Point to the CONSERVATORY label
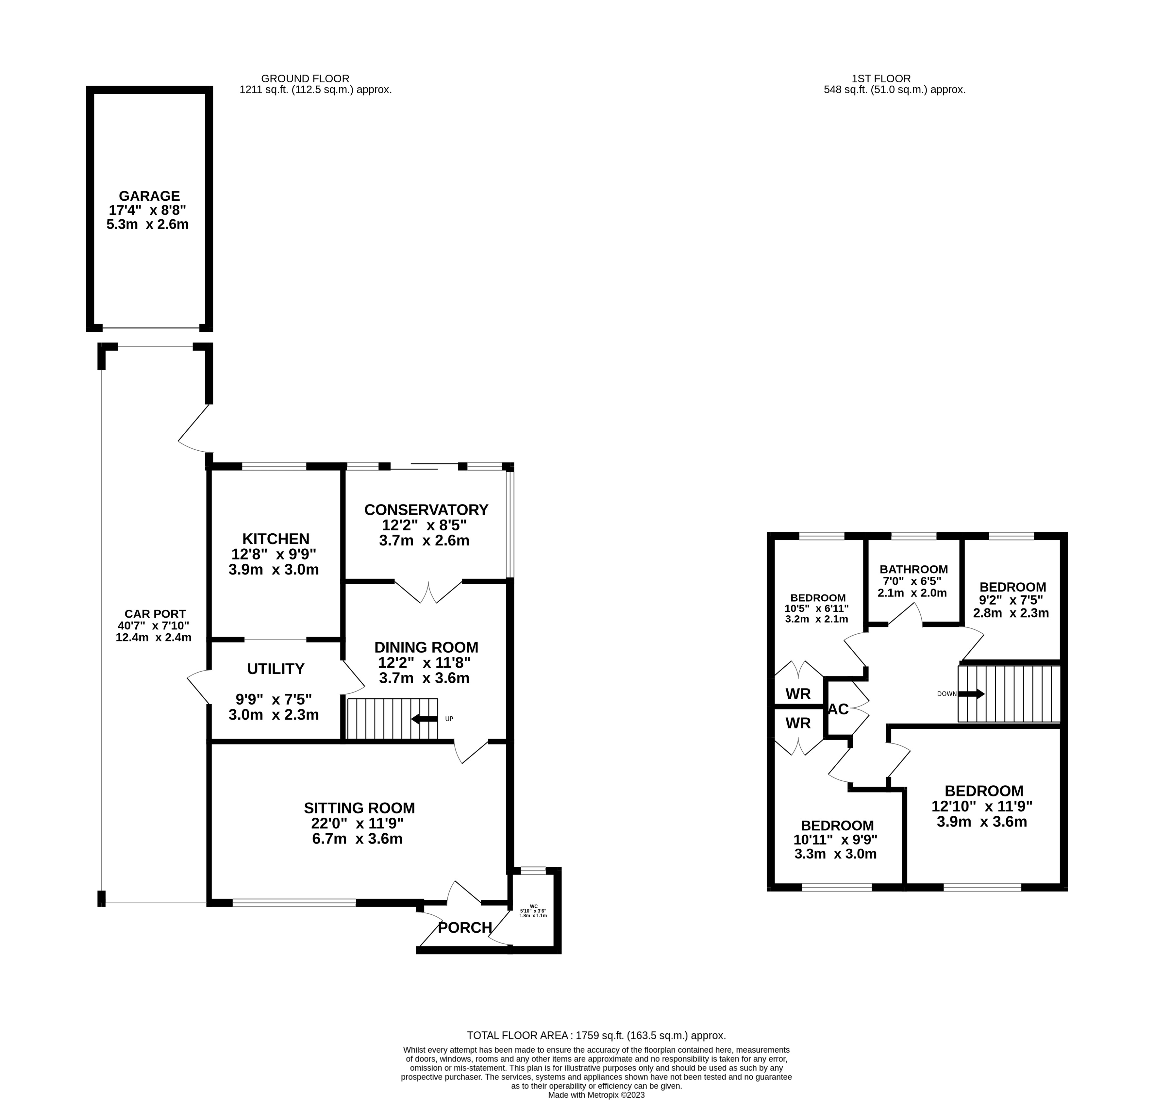426,509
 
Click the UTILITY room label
276,669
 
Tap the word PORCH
465,927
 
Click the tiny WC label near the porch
533,905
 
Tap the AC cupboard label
838,709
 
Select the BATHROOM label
913,569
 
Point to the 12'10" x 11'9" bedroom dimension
982,806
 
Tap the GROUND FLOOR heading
305,78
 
